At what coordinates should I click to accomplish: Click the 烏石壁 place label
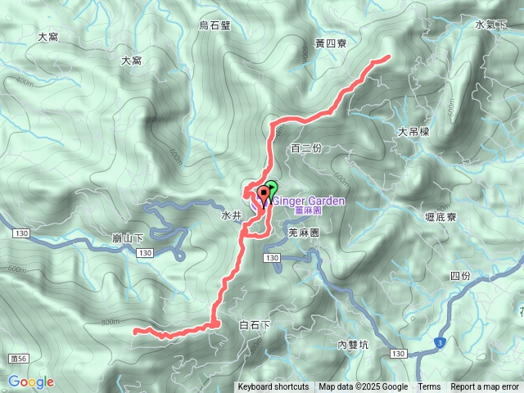coord(215,25)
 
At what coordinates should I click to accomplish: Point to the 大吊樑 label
coord(413,131)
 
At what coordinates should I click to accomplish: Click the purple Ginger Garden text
coord(308,200)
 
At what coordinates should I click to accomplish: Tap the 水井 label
coord(231,216)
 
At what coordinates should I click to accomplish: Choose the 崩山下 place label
coord(127,238)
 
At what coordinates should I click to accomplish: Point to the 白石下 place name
coord(255,325)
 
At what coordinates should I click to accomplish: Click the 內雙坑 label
coord(353,345)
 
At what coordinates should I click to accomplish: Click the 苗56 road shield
coord(20,359)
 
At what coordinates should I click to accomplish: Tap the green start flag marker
coord(271,188)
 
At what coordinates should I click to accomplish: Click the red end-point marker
coord(264,195)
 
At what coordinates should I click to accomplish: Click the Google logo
coord(30,382)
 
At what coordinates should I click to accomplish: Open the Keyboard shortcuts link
coord(273,387)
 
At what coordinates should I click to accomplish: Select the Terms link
coord(429,387)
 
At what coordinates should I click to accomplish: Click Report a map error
coord(485,387)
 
